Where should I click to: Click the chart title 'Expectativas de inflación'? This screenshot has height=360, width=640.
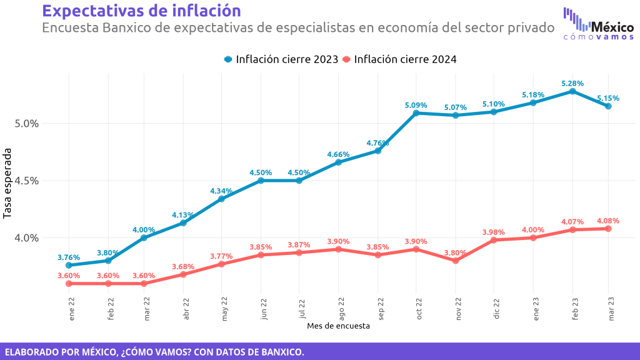coord(141,11)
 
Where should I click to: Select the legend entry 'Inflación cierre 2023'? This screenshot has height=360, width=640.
coord(281,59)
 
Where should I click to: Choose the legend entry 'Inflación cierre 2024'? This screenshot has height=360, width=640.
coord(399,59)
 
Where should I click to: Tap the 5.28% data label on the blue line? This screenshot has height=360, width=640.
coord(572,83)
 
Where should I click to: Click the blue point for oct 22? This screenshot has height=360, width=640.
coord(416,113)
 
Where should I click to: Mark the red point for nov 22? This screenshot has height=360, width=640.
coord(456,261)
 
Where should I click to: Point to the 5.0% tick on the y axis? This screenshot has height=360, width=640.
coord(26,124)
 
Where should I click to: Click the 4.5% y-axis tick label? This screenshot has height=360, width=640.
coord(26,181)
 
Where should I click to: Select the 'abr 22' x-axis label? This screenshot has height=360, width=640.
coord(186,309)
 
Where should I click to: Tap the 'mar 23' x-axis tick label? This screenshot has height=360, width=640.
coord(611,309)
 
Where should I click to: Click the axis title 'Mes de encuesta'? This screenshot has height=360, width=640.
coord(338,326)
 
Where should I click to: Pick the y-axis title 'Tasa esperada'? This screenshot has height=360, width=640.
coord(7,183)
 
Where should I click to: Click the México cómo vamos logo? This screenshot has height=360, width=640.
coord(598,24)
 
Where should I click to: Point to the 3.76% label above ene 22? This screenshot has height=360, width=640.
coord(69,257)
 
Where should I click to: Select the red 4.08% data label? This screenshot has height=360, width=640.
coord(608,221)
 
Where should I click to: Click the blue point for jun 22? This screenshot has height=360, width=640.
coord(261,181)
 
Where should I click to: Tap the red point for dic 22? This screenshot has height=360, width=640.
coord(494,240)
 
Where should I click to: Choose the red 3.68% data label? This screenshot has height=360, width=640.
coord(183,266)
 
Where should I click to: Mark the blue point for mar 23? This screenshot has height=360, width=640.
coord(608,106)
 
